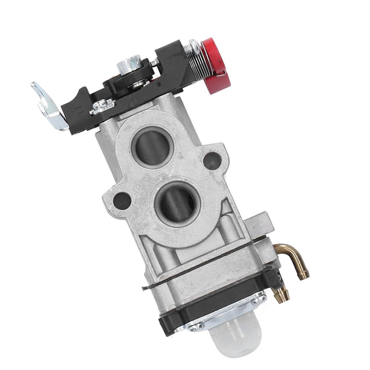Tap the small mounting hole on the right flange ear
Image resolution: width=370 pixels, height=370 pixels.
coord(212,160)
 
